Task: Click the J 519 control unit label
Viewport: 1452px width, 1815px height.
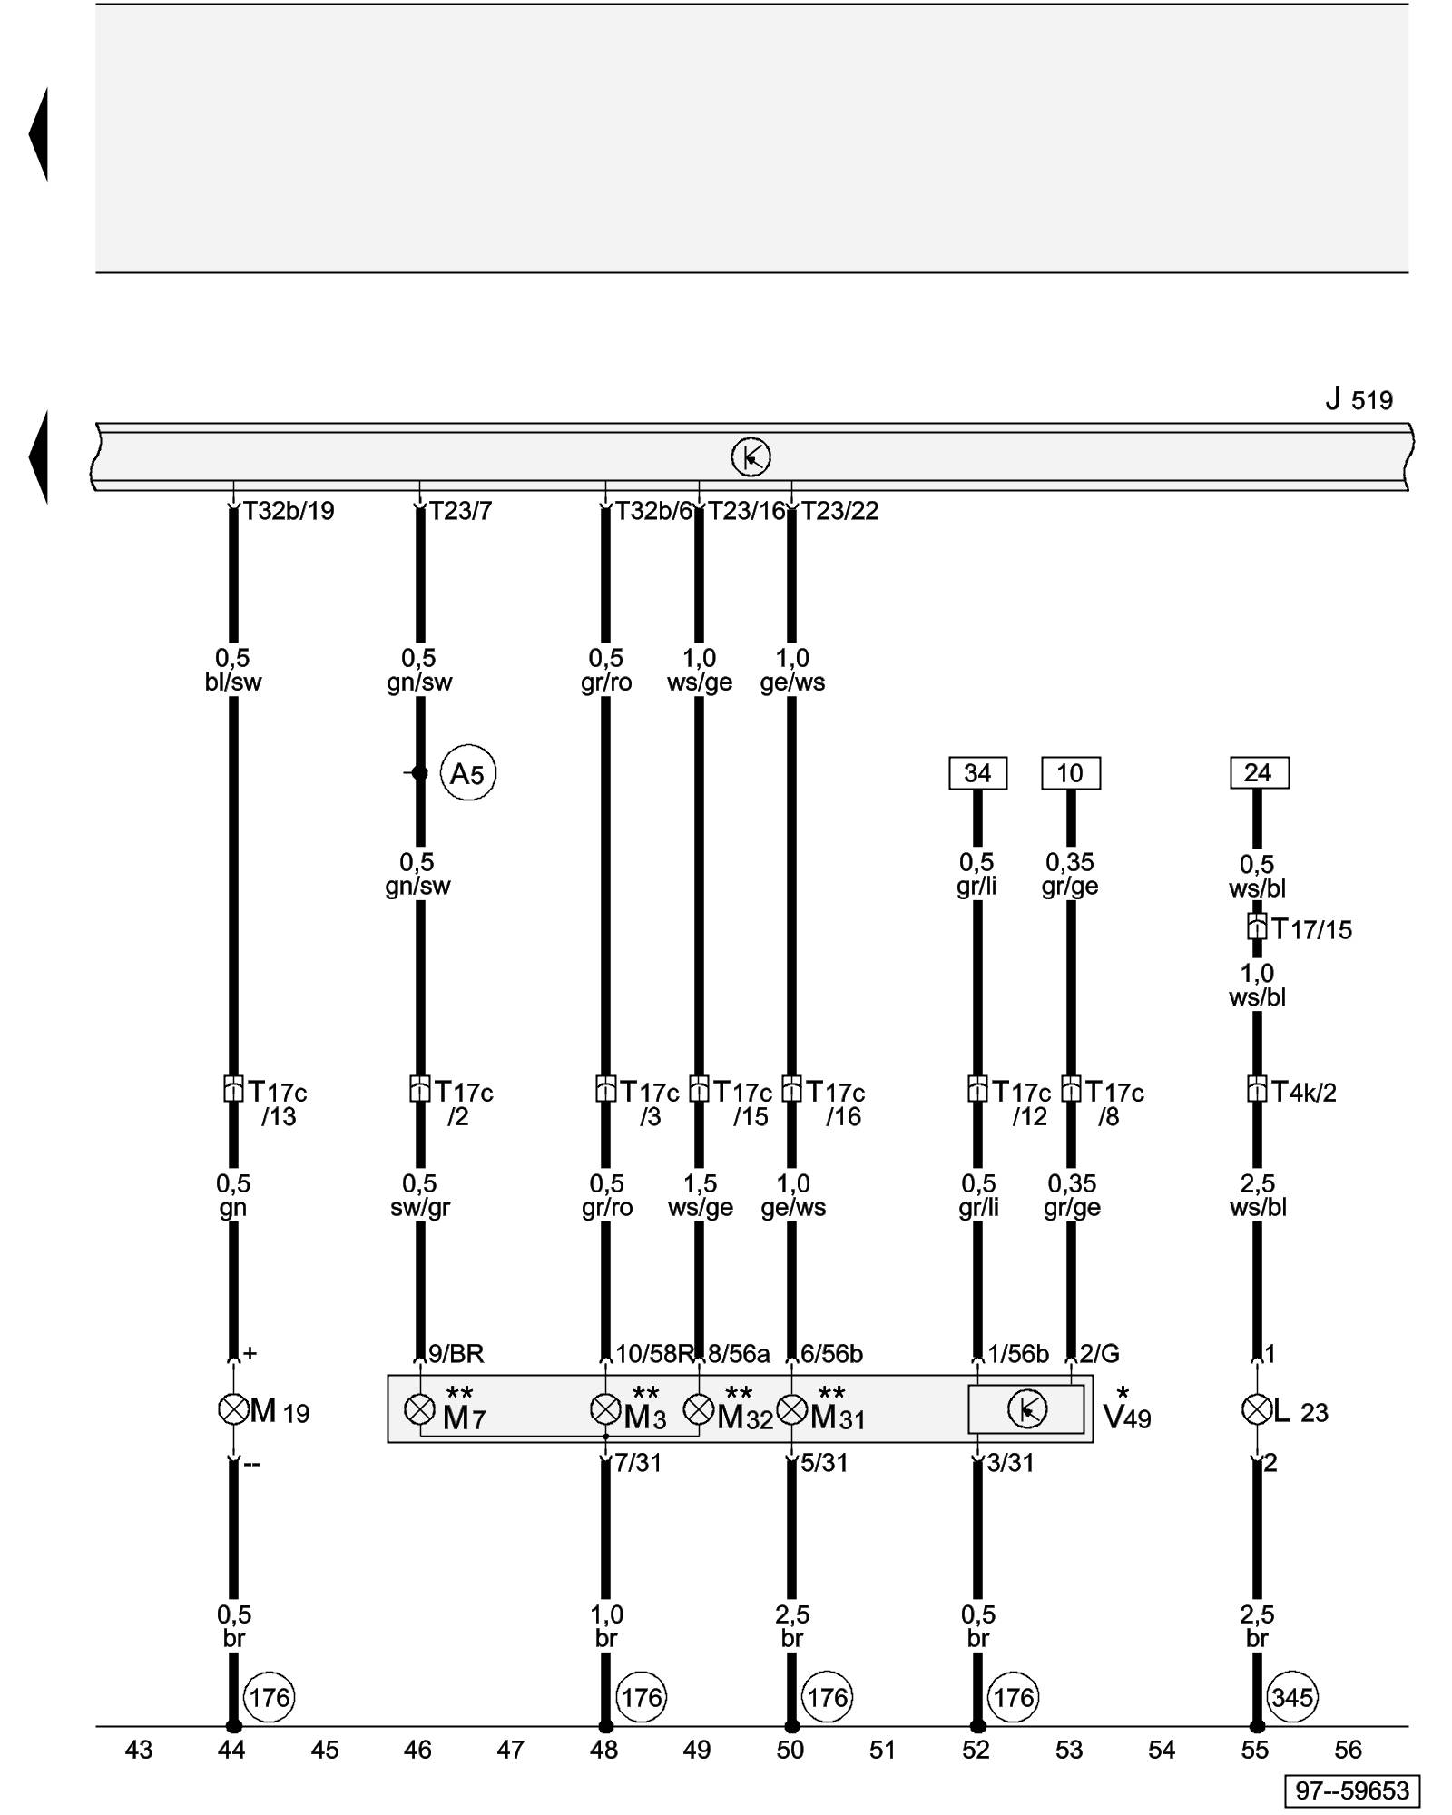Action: coord(1359,399)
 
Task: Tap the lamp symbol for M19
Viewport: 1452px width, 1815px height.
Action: coord(233,1409)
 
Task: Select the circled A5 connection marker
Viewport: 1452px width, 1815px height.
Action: coord(468,773)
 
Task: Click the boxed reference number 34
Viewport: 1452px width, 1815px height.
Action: coord(977,773)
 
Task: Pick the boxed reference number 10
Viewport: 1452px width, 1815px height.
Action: coord(1070,773)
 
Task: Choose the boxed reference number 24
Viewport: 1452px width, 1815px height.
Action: coord(1258,773)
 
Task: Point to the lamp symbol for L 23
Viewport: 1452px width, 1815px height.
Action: coord(1257,1409)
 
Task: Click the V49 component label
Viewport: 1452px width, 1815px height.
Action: coord(1127,1417)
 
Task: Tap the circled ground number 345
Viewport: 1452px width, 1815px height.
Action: coord(1292,1697)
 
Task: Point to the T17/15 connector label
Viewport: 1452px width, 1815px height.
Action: coord(1311,929)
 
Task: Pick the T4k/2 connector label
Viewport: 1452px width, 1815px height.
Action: coord(1303,1092)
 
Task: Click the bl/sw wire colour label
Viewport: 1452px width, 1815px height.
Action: coord(233,682)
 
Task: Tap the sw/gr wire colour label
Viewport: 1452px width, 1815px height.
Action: coord(420,1208)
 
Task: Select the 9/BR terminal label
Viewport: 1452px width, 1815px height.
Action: coord(456,1354)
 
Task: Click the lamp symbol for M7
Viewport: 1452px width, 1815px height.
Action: coord(419,1409)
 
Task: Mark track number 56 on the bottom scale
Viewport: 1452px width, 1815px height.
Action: coord(1349,1750)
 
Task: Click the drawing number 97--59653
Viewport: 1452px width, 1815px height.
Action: coord(1352,1790)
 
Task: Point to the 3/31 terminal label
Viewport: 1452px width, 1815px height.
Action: coord(1010,1463)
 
